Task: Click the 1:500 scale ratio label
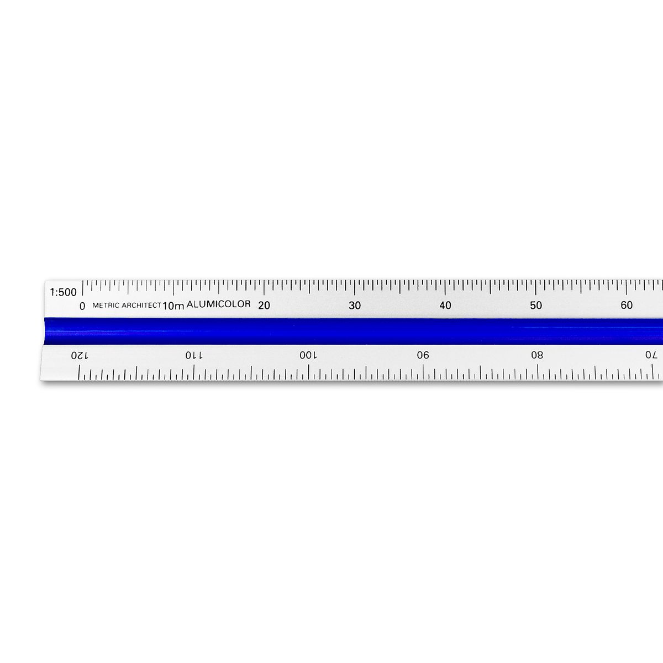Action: click(64, 292)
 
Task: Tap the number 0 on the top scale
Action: click(82, 306)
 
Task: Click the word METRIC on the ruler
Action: click(106, 305)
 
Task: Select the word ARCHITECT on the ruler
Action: click(141, 305)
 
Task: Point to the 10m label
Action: click(173, 306)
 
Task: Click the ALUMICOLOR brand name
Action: click(218, 304)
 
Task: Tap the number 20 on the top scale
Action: click(264, 305)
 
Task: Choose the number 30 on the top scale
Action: click(355, 305)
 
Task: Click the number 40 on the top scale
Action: click(445, 305)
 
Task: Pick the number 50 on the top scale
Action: click(536, 305)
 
